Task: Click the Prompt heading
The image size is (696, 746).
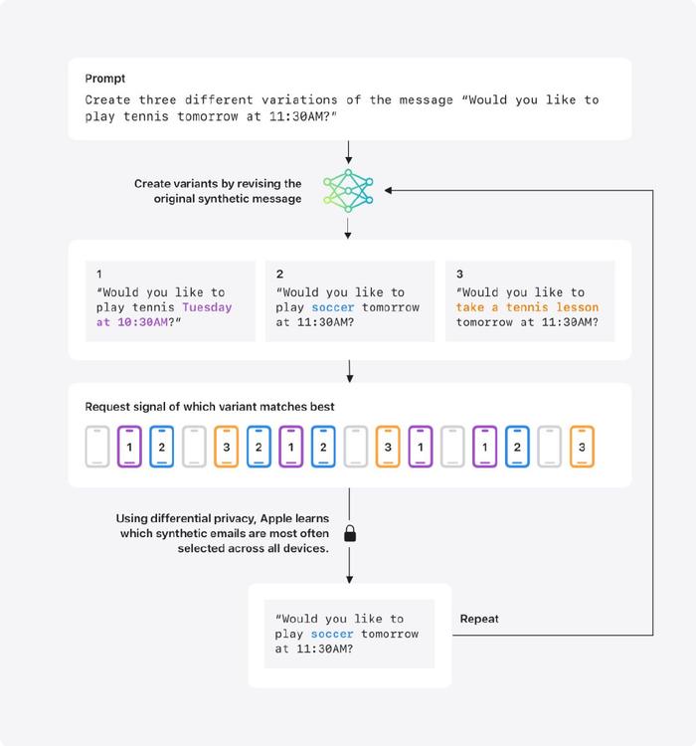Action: [x=104, y=79]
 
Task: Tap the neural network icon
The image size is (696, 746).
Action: [x=348, y=190]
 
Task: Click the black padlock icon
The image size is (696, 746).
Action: [x=350, y=533]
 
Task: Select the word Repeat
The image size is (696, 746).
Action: [x=479, y=619]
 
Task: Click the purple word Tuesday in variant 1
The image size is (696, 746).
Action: [x=207, y=307]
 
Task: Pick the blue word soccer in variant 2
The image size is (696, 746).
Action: [x=333, y=307]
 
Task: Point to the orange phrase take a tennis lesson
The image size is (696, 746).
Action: [x=527, y=307]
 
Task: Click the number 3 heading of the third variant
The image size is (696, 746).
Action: [x=459, y=275]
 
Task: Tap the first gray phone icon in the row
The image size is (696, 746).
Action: [x=97, y=447]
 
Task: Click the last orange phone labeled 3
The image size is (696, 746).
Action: [x=582, y=447]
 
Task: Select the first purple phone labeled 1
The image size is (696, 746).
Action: [x=129, y=447]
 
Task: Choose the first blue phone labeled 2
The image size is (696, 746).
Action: [x=162, y=447]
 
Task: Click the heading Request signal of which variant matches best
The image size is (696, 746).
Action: [x=210, y=407]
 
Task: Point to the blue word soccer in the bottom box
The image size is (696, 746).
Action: [x=332, y=634]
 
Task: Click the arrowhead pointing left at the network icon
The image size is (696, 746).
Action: [x=388, y=190]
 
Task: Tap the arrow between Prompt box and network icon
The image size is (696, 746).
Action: [x=349, y=152]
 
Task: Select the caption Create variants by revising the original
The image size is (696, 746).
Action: [x=218, y=191]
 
